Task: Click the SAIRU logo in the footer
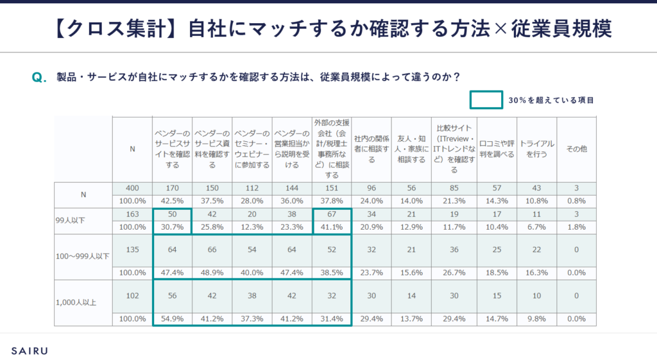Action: coord(30,350)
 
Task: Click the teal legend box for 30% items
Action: coord(486,100)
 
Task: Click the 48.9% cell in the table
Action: coord(212,272)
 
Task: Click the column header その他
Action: coord(576,149)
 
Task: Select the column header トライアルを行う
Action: coord(537,149)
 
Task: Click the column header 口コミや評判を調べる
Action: coord(497,149)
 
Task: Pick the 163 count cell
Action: coord(133,214)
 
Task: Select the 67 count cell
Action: coord(332,214)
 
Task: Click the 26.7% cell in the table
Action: coord(454,272)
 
